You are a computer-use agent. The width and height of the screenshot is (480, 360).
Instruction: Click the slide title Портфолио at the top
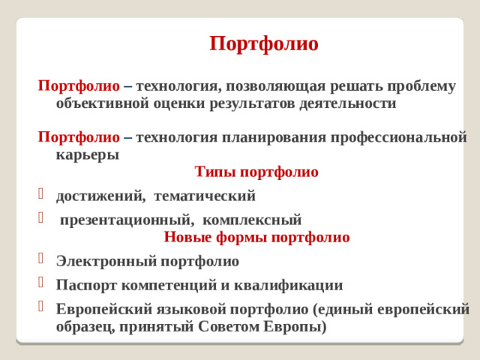click(x=264, y=43)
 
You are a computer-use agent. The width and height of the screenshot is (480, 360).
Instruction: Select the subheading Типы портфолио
click(x=256, y=172)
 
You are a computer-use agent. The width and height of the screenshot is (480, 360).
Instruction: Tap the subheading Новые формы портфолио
click(x=256, y=238)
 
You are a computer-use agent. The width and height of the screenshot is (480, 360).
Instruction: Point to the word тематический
click(x=205, y=196)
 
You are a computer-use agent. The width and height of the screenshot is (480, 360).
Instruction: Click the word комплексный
click(x=252, y=220)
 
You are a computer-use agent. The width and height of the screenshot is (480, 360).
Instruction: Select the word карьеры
click(x=87, y=155)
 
